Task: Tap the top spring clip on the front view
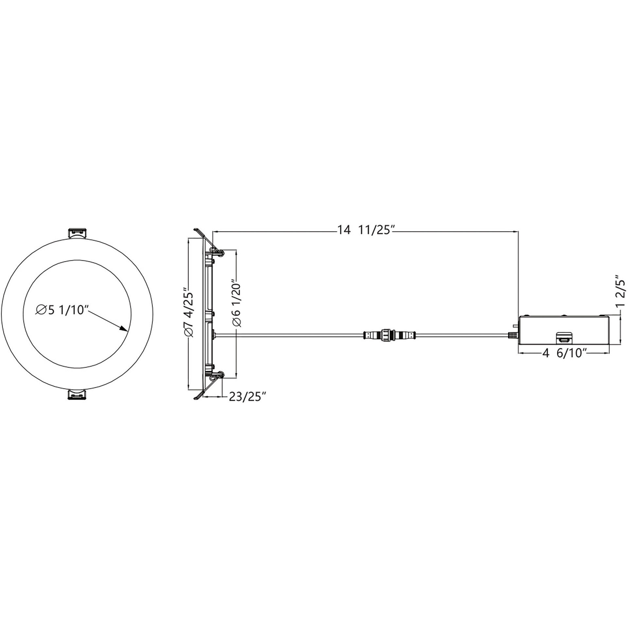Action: click(78, 233)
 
